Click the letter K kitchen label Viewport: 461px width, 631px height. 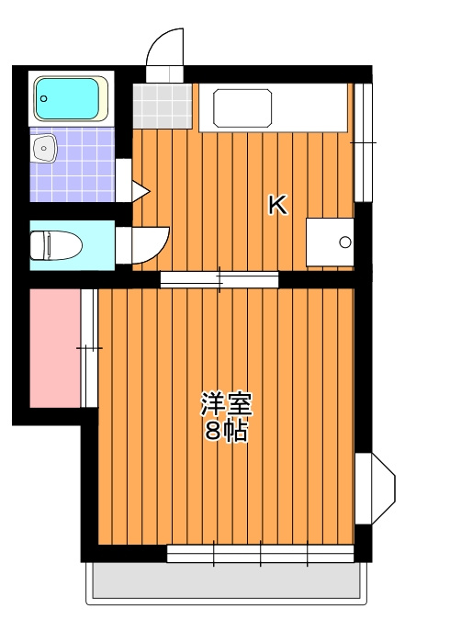click(277, 205)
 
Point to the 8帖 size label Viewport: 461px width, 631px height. click(226, 432)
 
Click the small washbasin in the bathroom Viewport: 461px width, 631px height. click(43, 148)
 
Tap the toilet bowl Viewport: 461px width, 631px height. click(55, 245)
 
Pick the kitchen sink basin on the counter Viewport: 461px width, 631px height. click(242, 108)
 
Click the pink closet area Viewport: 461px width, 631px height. click(55, 348)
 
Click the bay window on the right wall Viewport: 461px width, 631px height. click(378, 488)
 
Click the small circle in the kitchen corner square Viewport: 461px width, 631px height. click(345, 242)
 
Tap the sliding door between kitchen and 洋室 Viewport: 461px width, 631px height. click(219, 279)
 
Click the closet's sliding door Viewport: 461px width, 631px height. click(89, 348)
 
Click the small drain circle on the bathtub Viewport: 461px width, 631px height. click(43, 98)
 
